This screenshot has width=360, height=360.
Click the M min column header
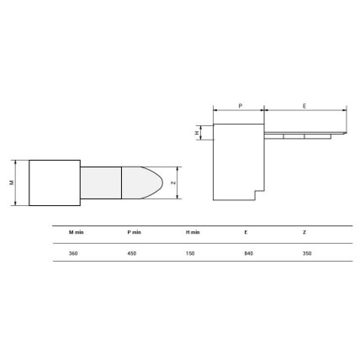pyautogui.click(x=77, y=232)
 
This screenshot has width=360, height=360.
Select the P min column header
pyautogui.click(x=135, y=232)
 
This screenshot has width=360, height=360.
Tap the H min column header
pyautogui.click(x=193, y=232)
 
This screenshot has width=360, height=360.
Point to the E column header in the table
pyautogui.click(x=246, y=232)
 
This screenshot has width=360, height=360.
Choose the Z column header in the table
pyautogui.click(x=304, y=232)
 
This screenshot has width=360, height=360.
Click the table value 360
pyautogui.click(x=73, y=253)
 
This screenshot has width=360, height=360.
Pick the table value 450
pyautogui.click(x=132, y=253)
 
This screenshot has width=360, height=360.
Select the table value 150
pyautogui.click(x=190, y=253)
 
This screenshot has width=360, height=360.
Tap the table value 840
pyautogui.click(x=249, y=253)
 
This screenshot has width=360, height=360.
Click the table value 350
pyautogui.click(x=307, y=253)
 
